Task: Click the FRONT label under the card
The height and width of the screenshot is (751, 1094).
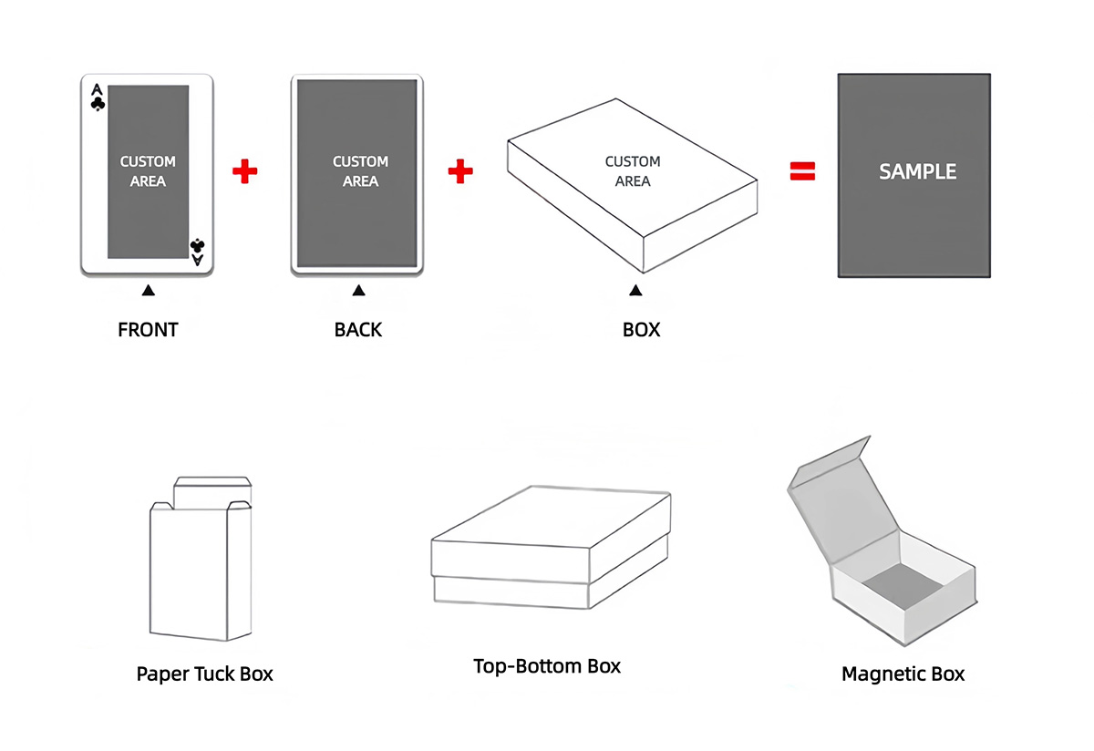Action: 148,330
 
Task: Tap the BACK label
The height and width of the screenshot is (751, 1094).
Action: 358,330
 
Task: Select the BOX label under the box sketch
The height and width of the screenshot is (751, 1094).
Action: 641,330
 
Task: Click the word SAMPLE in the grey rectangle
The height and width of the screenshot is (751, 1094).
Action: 917,171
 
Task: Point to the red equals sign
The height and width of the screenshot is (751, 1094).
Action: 802,171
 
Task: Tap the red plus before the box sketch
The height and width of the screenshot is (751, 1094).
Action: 461,171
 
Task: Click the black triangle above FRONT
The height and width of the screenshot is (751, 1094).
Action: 149,291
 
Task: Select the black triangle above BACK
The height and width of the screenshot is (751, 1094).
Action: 359,291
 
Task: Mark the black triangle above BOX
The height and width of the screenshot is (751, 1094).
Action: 636,291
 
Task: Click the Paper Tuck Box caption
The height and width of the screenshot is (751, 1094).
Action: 204,674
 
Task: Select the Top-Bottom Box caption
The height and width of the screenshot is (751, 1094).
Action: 547,666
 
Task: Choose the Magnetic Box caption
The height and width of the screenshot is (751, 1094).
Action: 903,674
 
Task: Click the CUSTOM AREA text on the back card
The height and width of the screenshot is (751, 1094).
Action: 360,171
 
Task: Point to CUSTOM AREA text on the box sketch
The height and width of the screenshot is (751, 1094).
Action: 633,171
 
